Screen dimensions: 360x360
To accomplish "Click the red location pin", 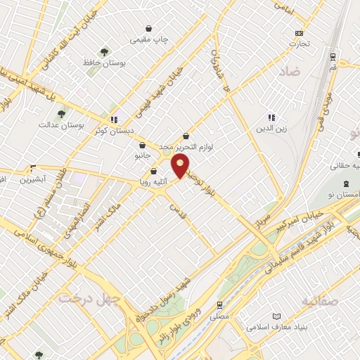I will (181, 166).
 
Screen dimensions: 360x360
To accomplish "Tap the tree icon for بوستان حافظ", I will (104, 51).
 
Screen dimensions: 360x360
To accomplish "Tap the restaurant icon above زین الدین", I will (271, 117).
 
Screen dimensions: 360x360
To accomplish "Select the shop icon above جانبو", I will (143, 146).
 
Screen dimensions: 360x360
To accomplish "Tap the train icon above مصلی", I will (221, 305).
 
